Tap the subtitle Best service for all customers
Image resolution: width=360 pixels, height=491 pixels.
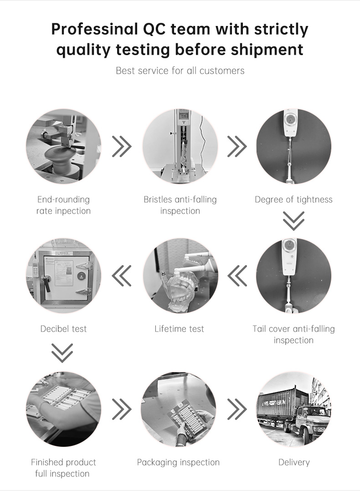[x=180, y=71]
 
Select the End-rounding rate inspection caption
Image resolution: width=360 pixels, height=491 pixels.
[x=63, y=205]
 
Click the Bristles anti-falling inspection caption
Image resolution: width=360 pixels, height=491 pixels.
[x=180, y=205]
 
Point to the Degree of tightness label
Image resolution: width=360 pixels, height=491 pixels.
[x=293, y=199]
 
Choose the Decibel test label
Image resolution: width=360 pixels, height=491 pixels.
[x=63, y=329]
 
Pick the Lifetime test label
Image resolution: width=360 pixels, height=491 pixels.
[x=179, y=329]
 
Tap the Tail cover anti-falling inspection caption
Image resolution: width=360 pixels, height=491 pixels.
[x=293, y=334]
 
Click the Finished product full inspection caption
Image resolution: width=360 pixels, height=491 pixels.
[x=63, y=468]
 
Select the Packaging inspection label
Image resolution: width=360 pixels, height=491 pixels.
[x=178, y=462]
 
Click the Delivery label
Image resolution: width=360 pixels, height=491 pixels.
[x=294, y=462]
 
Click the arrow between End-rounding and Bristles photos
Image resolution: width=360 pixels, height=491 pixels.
[x=122, y=146]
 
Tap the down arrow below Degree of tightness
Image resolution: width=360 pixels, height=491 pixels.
[x=293, y=221]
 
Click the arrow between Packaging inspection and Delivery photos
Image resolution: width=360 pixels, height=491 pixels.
[x=237, y=409]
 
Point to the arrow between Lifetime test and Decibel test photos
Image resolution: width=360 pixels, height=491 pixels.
[x=122, y=276]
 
